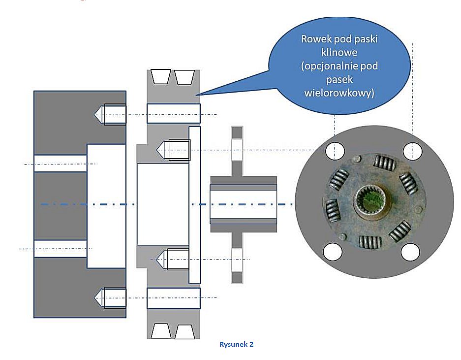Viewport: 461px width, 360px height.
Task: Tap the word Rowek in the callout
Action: click(x=314, y=39)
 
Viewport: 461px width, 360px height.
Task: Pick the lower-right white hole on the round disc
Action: click(x=410, y=252)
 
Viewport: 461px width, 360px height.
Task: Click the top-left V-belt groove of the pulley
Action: click(x=160, y=76)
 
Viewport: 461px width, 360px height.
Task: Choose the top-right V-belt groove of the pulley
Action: click(x=184, y=76)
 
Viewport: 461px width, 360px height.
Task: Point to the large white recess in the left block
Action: click(x=106, y=206)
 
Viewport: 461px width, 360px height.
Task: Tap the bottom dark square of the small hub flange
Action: click(x=237, y=277)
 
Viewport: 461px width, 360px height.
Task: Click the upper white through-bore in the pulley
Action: click(x=173, y=113)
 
